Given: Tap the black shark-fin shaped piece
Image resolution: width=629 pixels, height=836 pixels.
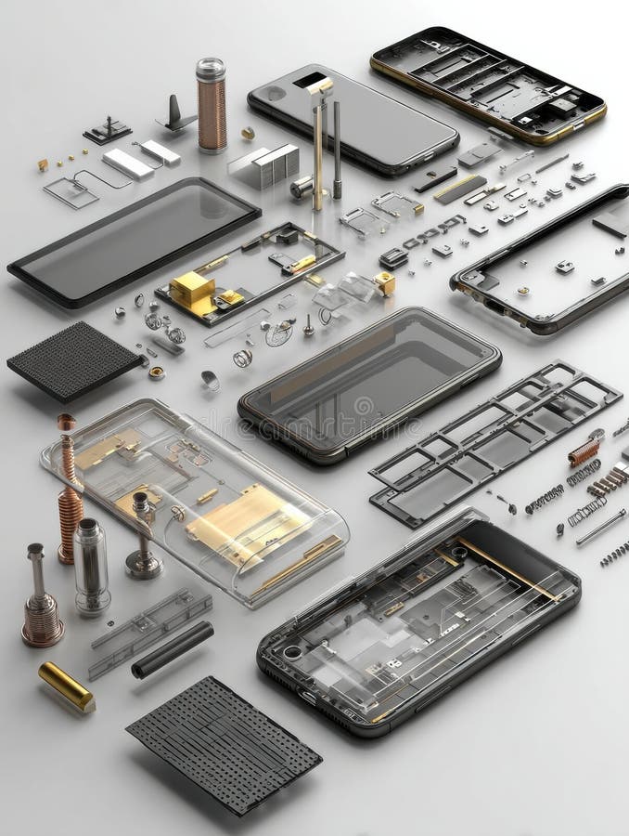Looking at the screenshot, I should pyautogui.click(x=175, y=115).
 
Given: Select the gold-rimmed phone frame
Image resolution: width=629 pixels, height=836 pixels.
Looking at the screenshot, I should pyautogui.click(x=488, y=84).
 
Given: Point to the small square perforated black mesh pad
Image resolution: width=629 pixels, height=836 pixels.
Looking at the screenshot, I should pyautogui.click(x=74, y=360).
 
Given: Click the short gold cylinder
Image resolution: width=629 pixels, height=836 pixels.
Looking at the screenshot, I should pyautogui.click(x=66, y=686).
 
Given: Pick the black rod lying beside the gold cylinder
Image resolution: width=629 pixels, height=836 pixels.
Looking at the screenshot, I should pyautogui.click(x=173, y=649).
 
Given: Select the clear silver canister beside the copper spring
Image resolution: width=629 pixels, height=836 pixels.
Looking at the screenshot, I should pyautogui.click(x=91, y=567).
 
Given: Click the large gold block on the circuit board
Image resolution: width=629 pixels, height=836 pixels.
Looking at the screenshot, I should pyautogui.click(x=192, y=290).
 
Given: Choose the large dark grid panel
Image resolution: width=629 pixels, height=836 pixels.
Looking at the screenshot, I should pyautogui.click(x=224, y=743).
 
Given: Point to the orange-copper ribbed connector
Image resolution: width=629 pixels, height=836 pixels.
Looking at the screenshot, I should pyautogui.click(x=584, y=451).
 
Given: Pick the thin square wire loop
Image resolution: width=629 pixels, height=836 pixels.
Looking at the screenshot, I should pyautogui.click(x=71, y=192).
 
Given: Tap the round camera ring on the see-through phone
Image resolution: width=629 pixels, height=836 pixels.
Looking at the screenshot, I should pyautogui.click(x=292, y=652).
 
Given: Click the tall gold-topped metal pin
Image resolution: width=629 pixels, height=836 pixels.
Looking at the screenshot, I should pyautogui.click(x=319, y=139).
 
